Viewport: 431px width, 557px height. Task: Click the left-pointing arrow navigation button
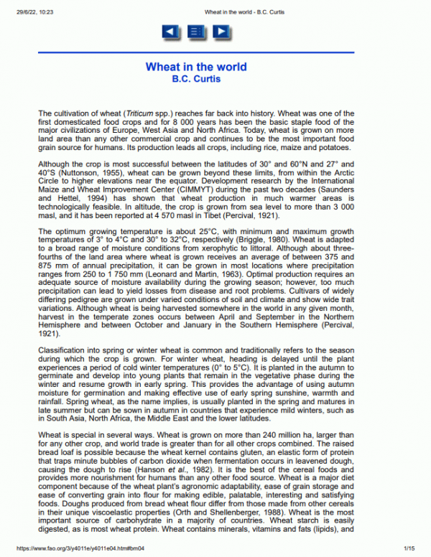point(170,32)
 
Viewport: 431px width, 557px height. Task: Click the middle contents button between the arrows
point(195,32)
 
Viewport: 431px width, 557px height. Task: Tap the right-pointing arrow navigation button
point(221,32)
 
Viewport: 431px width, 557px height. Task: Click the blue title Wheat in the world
point(196,67)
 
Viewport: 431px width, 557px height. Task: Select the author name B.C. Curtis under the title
point(196,78)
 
